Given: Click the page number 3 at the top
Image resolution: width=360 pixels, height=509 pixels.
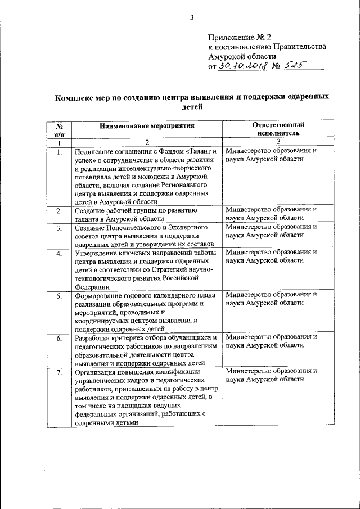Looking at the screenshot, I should tap(191, 16).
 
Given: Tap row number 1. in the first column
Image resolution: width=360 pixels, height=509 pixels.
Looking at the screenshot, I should tap(59, 152).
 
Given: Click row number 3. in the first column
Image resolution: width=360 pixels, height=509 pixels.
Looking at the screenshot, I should tap(59, 227).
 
